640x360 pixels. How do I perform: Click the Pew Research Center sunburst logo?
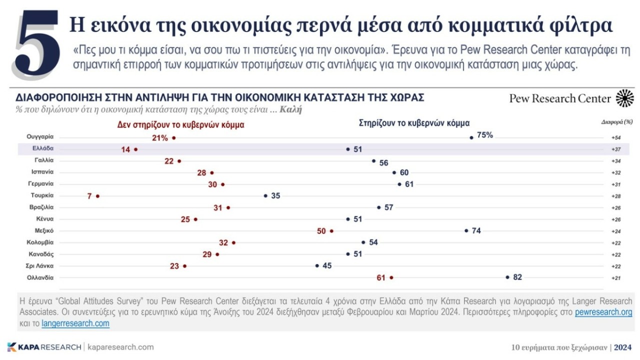coord(624,98)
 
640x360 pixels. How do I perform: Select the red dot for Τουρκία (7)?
coord(98,196)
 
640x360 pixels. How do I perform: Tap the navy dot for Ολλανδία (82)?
coord(507,277)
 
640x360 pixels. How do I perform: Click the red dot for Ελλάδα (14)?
coord(136,149)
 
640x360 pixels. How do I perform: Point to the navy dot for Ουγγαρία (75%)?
coord(471,137)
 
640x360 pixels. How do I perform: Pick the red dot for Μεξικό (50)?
coord(331,231)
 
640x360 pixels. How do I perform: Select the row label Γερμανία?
coord(40,183)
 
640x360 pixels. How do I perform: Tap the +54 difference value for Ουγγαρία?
coord(615,137)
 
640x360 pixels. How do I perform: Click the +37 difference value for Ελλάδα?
coord(615,149)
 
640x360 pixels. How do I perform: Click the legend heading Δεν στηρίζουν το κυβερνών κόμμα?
coord(180,125)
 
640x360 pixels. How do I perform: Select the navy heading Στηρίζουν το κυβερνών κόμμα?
coord(414,122)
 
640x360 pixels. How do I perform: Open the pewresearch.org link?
coord(603,312)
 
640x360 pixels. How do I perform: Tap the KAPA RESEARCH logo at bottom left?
coord(44,347)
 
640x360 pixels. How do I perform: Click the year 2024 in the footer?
coord(622,347)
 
